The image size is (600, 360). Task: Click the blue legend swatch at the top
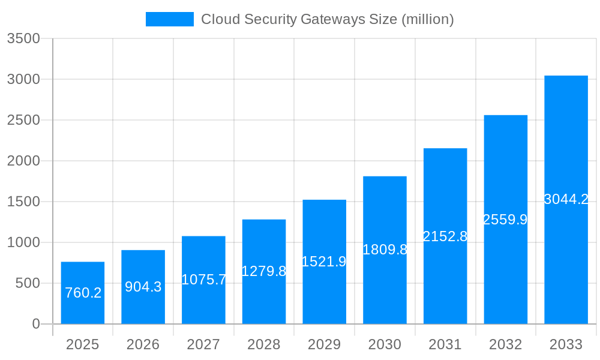pyautogui.click(x=169, y=19)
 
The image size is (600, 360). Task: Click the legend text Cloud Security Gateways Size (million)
pyautogui.click(x=327, y=19)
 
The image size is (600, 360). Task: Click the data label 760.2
pyautogui.click(x=83, y=293)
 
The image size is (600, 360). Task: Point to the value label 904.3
pyautogui.click(x=143, y=287)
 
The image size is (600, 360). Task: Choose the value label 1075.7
pyautogui.click(x=204, y=280)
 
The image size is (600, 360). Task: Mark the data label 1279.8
pyautogui.click(x=264, y=271)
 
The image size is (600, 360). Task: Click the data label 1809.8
pyautogui.click(x=385, y=250)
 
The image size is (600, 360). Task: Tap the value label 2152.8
pyautogui.click(x=445, y=236)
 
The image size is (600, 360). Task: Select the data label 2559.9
pyautogui.click(x=505, y=220)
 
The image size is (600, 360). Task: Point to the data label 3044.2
pyautogui.click(x=566, y=199)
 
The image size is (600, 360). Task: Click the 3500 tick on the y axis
pyautogui.click(x=23, y=38)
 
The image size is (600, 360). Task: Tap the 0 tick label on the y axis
pyautogui.click(x=35, y=324)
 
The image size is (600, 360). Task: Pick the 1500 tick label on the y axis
pyautogui.click(x=23, y=202)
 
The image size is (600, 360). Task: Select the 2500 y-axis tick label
pyautogui.click(x=23, y=120)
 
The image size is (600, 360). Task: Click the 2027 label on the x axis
pyautogui.click(x=203, y=344)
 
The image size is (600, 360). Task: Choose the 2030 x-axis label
pyautogui.click(x=385, y=344)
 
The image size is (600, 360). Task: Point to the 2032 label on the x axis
pyautogui.click(x=505, y=344)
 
